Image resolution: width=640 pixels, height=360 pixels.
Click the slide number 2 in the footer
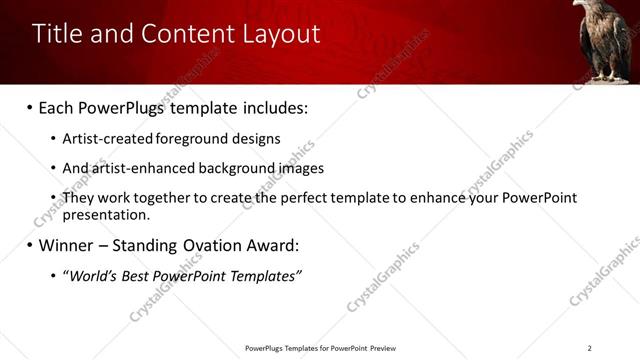589,348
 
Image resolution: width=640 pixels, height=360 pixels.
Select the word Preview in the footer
383,348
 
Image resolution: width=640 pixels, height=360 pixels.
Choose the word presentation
106,214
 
